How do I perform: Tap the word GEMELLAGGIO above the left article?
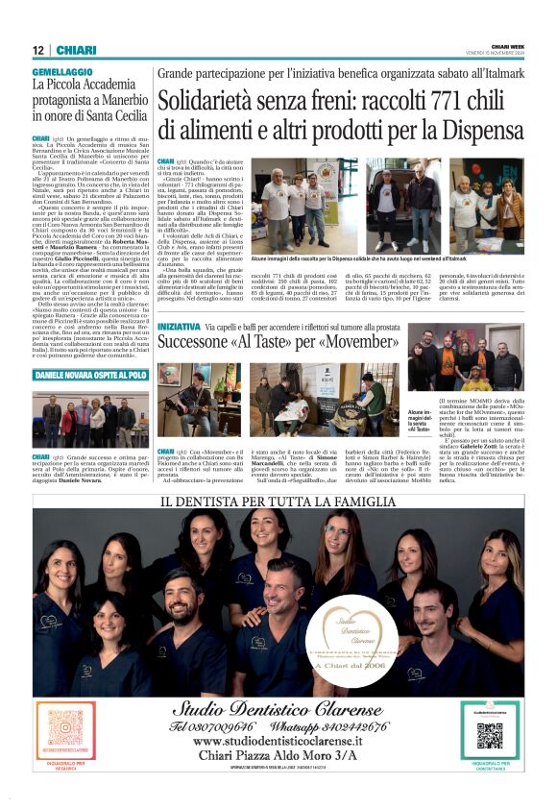(x=62, y=72)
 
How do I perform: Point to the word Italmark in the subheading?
(x=498, y=73)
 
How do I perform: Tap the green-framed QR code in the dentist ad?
(x=489, y=735)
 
